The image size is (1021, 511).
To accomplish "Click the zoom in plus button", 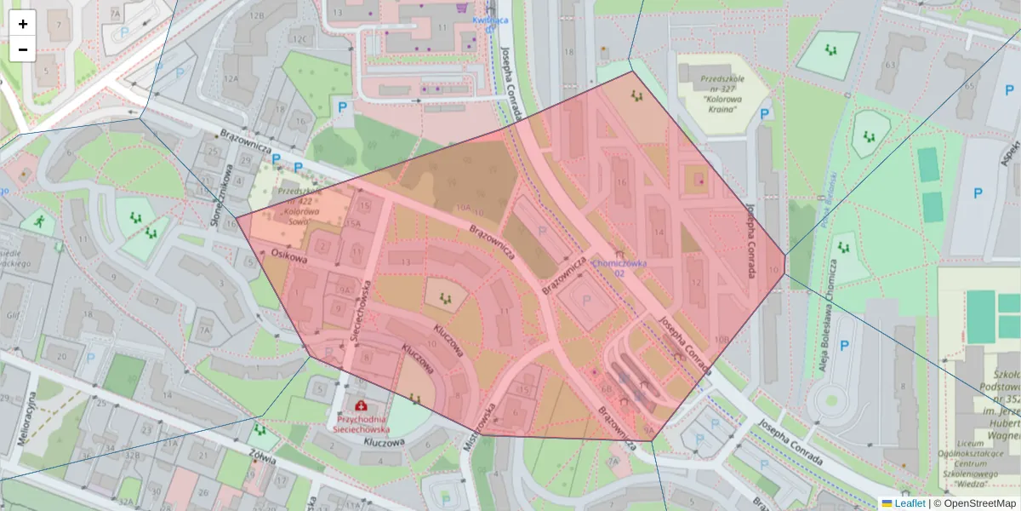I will point(23,24).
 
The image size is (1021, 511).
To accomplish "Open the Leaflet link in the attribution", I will point(910,503).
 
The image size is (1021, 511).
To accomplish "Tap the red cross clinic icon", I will point(362,406).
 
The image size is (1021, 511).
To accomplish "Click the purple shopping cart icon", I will point(461,7).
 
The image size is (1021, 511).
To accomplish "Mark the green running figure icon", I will point(39,221).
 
